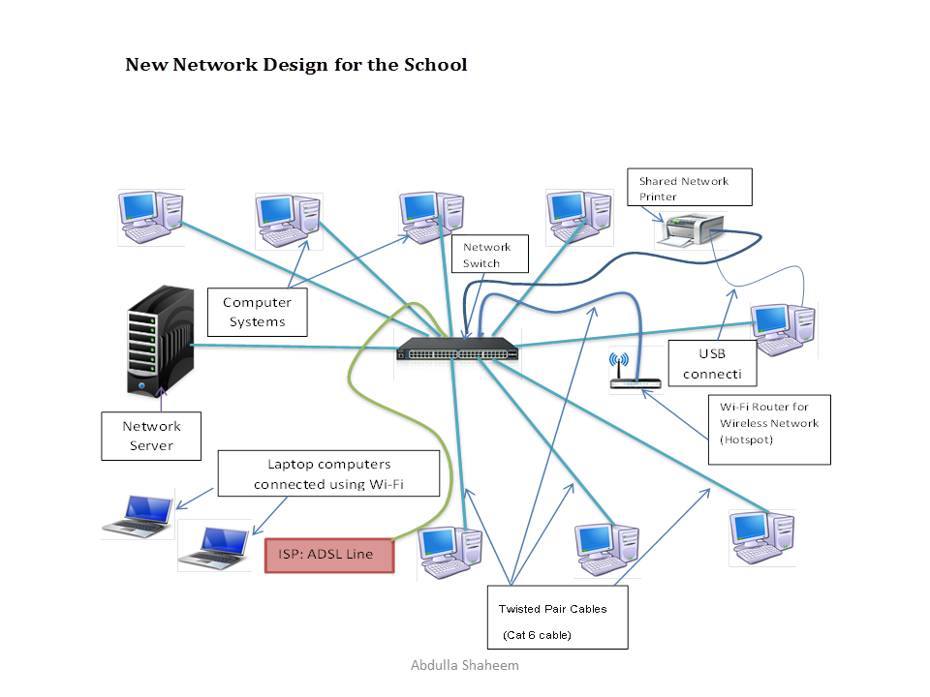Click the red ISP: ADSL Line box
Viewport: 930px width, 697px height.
click(x=330, y=555)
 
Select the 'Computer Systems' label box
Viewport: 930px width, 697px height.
click(x=257, y=312)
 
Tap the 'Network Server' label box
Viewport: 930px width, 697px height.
click(x=151, y=436)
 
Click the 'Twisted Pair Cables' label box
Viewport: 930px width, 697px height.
click(x=557, y=617)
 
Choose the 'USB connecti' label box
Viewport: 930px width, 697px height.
click(x=712, y=363)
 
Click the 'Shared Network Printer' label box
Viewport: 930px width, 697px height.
click(x=690, y=188)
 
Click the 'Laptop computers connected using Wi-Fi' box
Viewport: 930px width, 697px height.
click(x=328, y=473)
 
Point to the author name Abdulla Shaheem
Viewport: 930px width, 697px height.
click(x=465, y=665)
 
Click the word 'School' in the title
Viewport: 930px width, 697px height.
click(x=431, y=65)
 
